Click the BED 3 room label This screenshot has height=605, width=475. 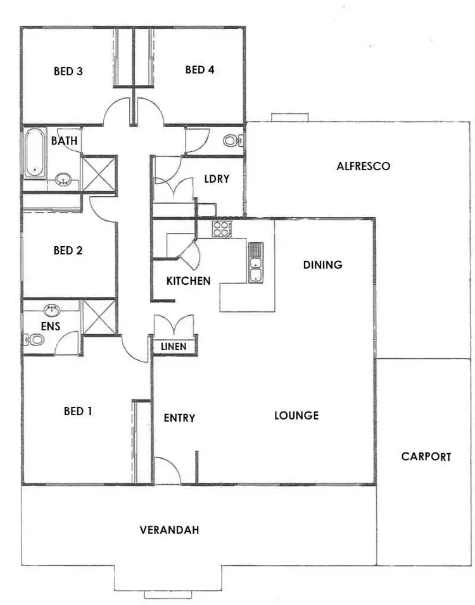[68, 71]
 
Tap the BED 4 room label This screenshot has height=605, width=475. [199, 70]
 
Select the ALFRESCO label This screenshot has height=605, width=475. [363, 167]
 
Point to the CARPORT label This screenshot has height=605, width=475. [426, 456]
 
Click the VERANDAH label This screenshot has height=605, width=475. [169, 530]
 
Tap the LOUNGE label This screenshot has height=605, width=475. [296, 416]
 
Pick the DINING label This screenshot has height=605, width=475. [322, 265]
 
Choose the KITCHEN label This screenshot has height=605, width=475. [188, 280]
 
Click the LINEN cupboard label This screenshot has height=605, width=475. [174, 347]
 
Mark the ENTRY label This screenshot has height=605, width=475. [179, 418]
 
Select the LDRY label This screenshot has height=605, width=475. [217, 179]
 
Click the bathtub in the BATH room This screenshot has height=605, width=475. [34, 153]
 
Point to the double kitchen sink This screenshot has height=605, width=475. [255, 263]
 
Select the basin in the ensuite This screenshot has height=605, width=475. [51, 310]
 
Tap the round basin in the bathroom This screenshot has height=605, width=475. [63, 180]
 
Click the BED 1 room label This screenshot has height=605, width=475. [78, 411]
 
